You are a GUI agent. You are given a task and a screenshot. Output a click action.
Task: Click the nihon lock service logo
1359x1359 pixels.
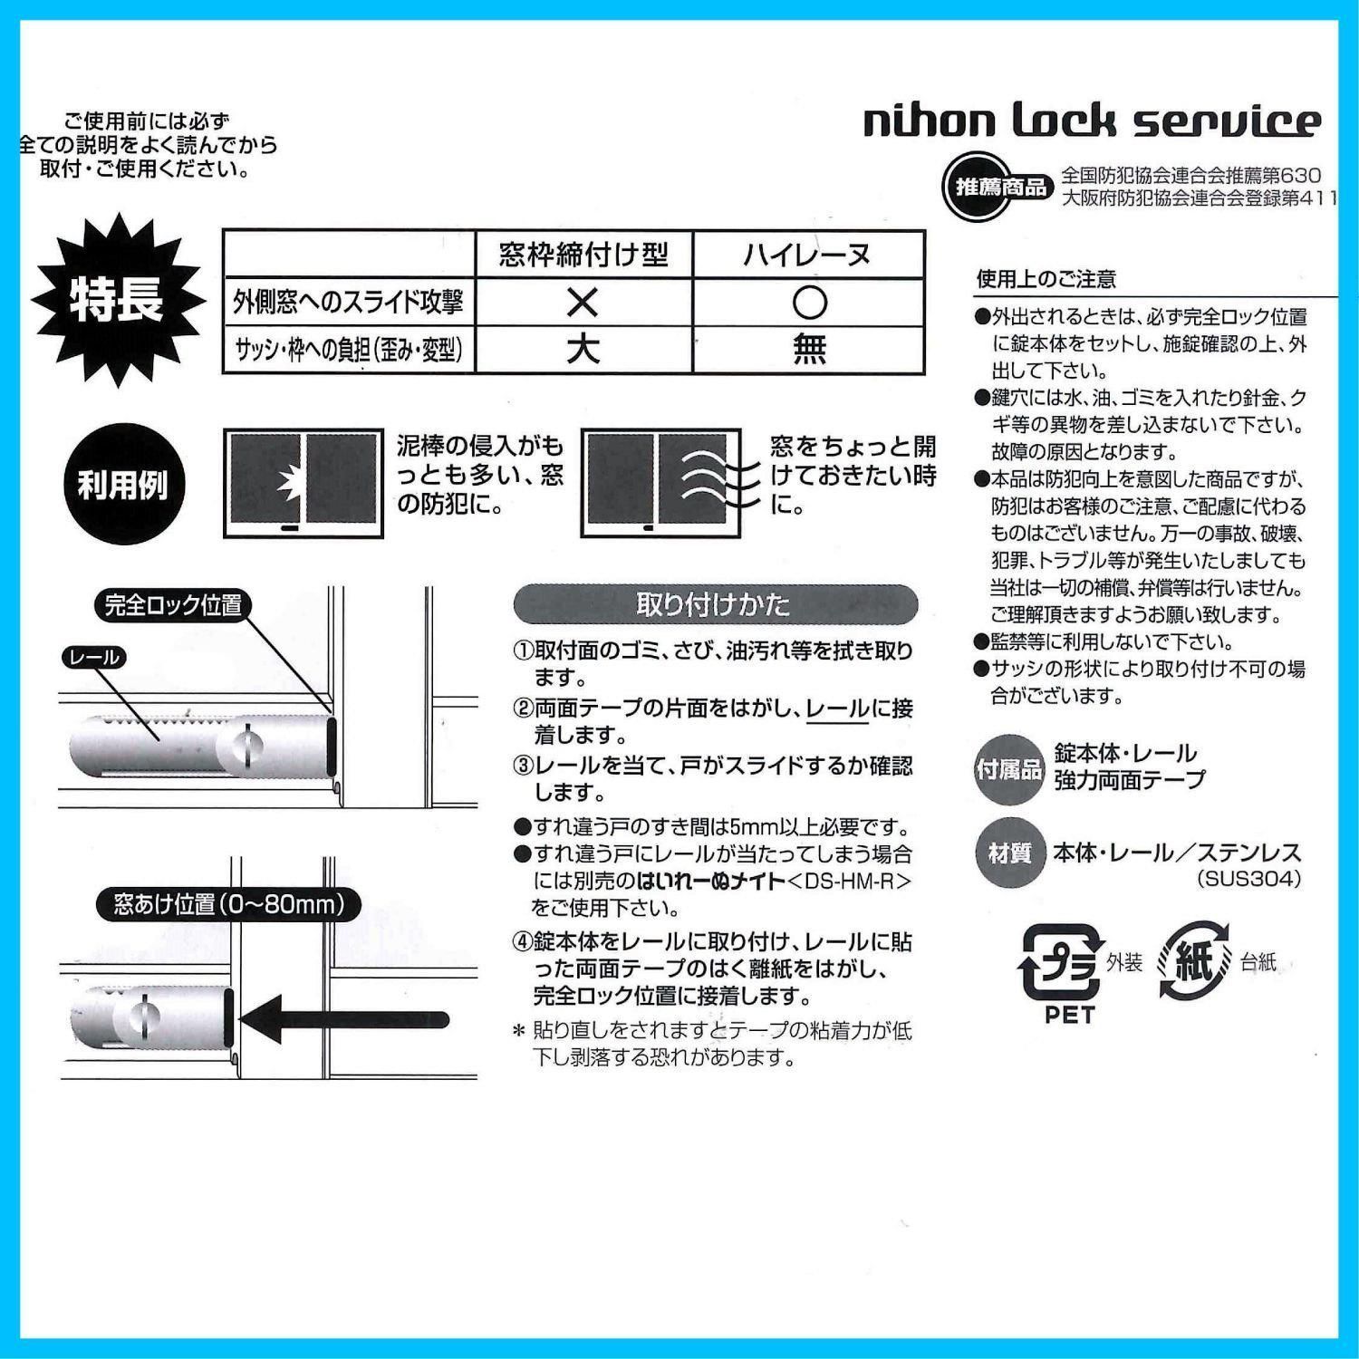[x=1092, y=121]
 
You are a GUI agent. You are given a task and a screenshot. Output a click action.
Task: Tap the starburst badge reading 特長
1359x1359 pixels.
[x=118, y=299]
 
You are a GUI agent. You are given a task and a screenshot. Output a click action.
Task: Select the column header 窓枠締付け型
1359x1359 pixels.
[x=583, y=255]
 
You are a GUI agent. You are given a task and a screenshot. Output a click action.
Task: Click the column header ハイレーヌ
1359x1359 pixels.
[x=808, y=255]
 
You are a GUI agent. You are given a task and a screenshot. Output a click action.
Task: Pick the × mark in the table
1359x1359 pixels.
[x=583, y=303]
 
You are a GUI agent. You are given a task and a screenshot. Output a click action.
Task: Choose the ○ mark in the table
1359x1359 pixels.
[x=809, y=303]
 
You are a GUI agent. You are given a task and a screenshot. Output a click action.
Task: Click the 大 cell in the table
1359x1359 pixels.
[x=583, y=349]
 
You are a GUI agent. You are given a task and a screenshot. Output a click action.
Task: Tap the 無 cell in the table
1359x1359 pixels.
[x=809, y=349]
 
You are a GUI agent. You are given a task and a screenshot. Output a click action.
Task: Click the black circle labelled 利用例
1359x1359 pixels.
[x=123, y=485]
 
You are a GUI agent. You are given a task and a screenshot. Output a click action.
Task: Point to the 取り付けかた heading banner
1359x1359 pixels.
[x=715, y=604]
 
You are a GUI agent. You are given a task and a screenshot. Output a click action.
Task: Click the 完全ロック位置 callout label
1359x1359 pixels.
[x=173, y=605]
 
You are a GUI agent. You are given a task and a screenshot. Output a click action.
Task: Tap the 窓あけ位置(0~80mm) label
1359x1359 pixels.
[x=228, y=904]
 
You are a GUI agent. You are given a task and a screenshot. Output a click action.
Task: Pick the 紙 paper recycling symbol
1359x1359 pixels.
[x=1194, y=961]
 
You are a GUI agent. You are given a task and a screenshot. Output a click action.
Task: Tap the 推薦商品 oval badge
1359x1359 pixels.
[x=996, y=187]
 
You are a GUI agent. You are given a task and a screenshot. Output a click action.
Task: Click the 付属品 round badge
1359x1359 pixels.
[x=1007, y=770]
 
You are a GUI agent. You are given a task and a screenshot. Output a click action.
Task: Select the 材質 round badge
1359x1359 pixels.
[x=1007, y=853]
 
